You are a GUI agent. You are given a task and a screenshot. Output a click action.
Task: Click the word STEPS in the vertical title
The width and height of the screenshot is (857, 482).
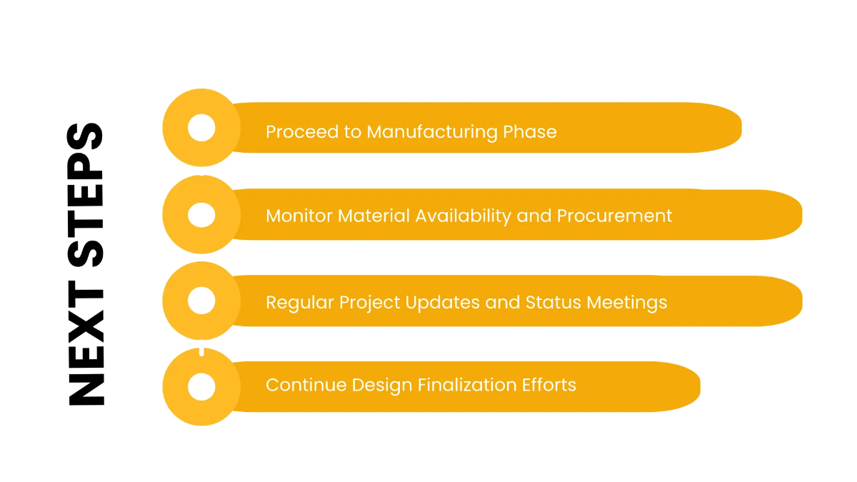click(x=86, y=194)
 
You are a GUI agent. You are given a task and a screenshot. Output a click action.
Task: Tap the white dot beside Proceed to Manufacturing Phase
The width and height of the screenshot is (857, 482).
click(x=201, y=128)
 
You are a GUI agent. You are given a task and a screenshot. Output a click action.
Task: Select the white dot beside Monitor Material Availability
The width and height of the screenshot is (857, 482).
click(x=201, y=214)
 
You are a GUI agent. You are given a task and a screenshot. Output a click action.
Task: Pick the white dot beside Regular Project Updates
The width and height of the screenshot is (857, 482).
click(x=201, y=301)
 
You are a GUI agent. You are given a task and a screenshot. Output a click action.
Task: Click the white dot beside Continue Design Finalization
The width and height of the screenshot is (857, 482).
click(x=201, y=386)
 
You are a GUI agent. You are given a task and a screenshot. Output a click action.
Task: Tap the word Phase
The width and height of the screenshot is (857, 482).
click(x=530, y=132)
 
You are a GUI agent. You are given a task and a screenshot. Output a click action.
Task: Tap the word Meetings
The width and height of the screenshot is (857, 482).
click(x=627, y=303)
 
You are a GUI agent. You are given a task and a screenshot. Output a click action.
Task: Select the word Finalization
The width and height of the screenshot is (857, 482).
click(x=469, y=386)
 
